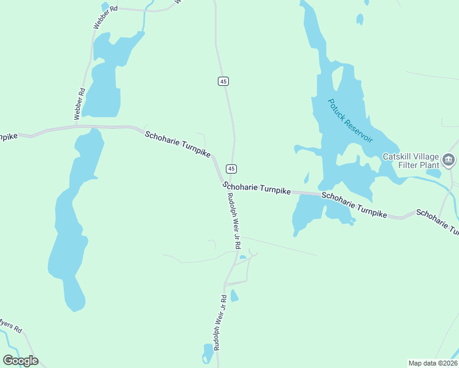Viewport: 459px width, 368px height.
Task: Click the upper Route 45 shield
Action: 223,81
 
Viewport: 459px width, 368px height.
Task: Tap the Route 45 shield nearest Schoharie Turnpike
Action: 231,168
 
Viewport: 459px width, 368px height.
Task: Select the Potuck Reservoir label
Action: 350,120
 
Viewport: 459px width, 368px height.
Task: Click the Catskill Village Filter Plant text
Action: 411,161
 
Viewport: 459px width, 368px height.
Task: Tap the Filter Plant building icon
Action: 449,160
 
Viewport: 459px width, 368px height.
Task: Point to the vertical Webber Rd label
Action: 79,104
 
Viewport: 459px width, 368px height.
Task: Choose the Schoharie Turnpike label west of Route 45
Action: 177,144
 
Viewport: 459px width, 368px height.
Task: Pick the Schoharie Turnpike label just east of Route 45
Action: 256,188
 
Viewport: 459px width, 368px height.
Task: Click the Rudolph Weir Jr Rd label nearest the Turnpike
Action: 233,221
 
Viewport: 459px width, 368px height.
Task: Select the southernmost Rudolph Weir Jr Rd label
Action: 220,323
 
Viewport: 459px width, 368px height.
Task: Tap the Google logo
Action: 20,361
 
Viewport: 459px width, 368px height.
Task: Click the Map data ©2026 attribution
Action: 433,363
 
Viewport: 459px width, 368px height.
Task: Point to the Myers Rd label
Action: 11,325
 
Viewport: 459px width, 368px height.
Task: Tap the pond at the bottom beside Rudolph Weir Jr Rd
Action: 208,353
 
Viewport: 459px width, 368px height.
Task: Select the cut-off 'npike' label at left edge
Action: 8,136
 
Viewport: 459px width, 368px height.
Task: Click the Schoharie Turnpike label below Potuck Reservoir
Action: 354,205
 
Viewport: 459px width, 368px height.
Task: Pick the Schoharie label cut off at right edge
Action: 437,221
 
